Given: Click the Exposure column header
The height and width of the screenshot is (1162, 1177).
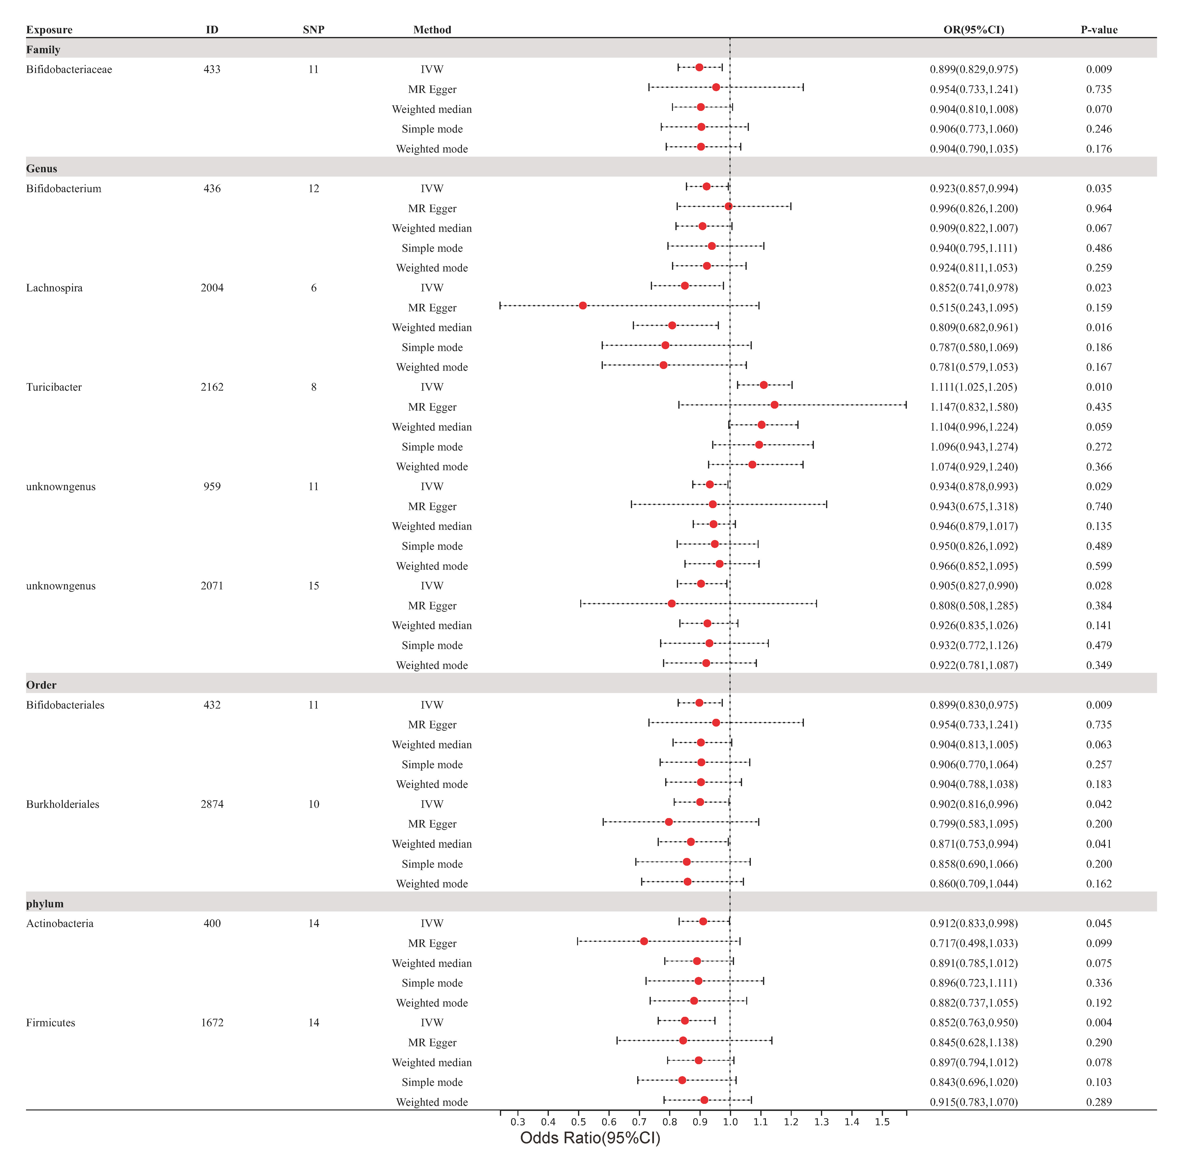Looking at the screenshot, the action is click(x=49, y=30).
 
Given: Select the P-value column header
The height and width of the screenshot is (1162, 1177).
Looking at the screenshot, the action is click(x=1099, y=30).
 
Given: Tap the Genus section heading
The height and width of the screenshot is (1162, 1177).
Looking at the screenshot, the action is click(x=41, y=169).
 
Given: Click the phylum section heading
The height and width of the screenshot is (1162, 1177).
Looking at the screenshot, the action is click(x=45, y=904).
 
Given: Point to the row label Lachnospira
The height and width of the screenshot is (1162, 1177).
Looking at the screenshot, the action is click(x=54, y=288).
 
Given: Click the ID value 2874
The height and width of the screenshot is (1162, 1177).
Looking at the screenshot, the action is click(x=212, y=804).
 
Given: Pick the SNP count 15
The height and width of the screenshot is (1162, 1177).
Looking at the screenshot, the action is click(x=314, y=586).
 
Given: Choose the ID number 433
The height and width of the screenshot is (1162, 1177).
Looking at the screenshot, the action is click(x=212, y=69).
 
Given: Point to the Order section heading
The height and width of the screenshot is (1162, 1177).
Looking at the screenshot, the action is click(x=41, y=685).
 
